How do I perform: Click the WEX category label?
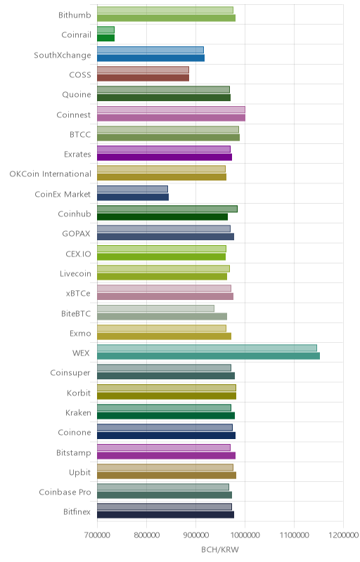pos(81,353)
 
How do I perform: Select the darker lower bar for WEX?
pos(208,356)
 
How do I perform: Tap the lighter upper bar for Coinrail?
pos(105,30)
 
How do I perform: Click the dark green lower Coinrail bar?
pos(105,38)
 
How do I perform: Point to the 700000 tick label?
pos(97,535)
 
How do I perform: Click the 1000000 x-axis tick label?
pos(245,535)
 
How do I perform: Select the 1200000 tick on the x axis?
pos(344,535)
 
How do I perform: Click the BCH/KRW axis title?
pos(220,550)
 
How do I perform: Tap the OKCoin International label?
pos(50,174)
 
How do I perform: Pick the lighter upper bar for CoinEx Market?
pos(132,189)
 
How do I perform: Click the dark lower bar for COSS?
pos(143,78)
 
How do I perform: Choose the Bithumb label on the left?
pos(75,15)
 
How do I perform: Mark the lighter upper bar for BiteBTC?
pos(155,308)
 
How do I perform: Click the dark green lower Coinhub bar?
pos(162,217)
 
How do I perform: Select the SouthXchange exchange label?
pos(63,55)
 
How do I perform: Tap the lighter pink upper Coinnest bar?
pos(171,110)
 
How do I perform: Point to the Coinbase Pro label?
pos(65,492)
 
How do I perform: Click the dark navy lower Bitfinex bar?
pos(166,515)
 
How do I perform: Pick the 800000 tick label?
pos(146,535)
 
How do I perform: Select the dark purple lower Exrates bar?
pos(165,157)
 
